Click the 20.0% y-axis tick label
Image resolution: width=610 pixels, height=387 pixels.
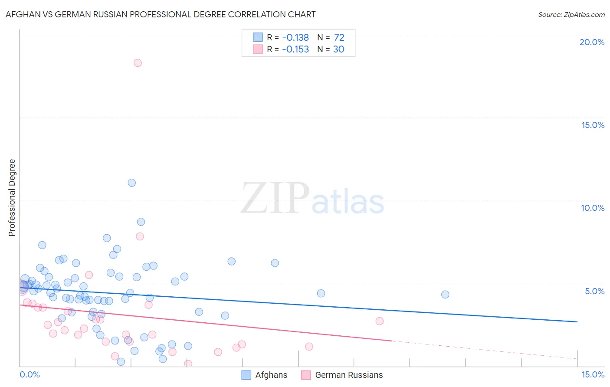592,42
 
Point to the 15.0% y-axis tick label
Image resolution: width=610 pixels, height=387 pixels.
593,125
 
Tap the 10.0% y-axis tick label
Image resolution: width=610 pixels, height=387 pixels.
593,208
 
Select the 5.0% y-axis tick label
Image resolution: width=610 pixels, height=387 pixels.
594,291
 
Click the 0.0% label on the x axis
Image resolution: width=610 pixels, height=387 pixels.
30,374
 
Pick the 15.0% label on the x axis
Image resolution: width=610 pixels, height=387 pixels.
593,374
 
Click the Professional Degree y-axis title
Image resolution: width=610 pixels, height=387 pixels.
12,198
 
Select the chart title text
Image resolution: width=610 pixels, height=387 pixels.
161,14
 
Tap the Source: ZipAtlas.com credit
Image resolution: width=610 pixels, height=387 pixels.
571,14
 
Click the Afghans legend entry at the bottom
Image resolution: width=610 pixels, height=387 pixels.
265,375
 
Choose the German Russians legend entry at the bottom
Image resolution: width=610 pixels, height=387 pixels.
342,375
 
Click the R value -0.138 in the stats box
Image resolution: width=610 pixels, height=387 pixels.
295,38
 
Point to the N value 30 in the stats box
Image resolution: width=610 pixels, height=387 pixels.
338,49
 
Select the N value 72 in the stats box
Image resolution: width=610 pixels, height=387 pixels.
339,38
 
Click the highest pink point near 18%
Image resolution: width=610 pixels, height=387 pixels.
138,63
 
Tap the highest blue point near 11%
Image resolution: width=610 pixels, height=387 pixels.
132,183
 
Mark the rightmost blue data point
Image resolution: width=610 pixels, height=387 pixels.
445,295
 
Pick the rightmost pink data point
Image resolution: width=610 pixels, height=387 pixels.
380,321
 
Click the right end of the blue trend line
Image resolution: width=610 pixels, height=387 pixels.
577,321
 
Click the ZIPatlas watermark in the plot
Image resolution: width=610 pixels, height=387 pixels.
312,199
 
